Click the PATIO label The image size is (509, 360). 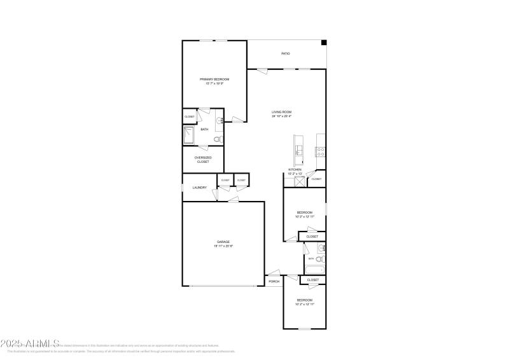point(286,53)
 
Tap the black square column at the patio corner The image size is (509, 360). point(324,43)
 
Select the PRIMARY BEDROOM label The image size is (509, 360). point(214,80)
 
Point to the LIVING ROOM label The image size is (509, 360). point(281,112)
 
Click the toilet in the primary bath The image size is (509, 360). point(218,139)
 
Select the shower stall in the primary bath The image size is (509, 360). point(190,135)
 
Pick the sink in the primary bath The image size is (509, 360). point(220,120)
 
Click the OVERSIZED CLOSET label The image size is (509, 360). point(203,159)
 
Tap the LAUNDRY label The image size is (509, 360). point(200,188)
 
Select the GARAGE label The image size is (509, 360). point(223,242)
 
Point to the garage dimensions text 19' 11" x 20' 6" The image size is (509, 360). point(223,246)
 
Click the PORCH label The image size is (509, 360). point(274,281)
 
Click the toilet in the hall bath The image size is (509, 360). point(320,259)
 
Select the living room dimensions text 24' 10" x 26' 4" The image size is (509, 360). point(281,116)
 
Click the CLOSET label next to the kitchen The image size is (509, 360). point(316,179)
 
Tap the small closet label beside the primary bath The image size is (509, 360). point(190,117)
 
